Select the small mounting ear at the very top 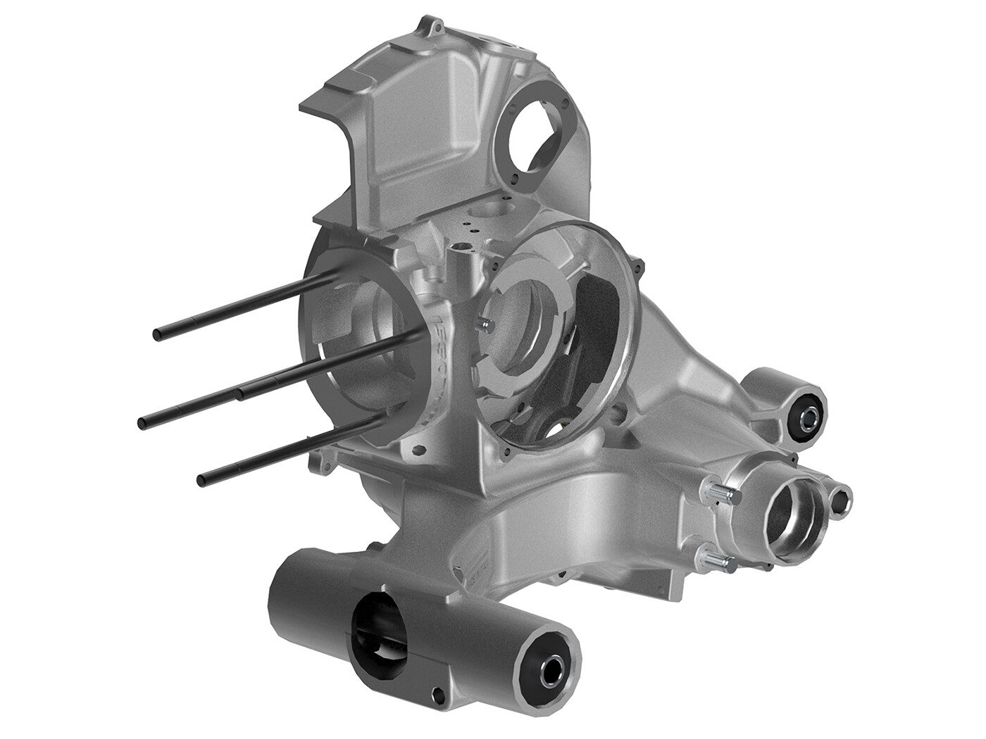click(x=432, y=27)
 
